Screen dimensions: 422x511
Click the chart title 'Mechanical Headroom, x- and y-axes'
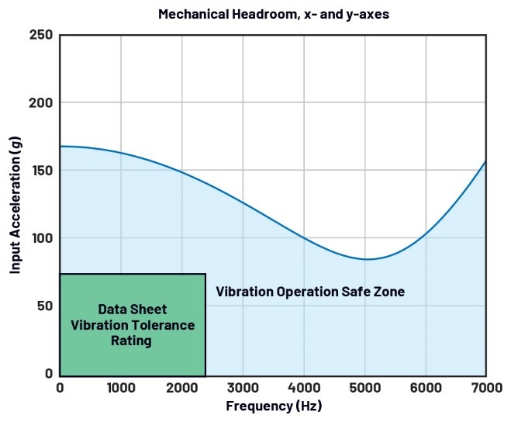(273, 14)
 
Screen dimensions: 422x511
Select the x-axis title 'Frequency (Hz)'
(273, 406)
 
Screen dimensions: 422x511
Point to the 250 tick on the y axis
(42, 35)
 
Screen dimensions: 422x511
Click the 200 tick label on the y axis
(42, 103)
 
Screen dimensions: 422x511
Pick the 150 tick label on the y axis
(42, 171)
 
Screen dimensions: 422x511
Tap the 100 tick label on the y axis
(42, 238)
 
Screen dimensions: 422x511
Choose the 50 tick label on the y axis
(45, 306)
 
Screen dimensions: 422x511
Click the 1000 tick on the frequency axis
(121, 386)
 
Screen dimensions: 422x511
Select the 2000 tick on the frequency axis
(182, 386)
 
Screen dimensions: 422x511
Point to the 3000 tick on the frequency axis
(243, 386)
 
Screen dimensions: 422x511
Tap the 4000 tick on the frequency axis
(304, 386)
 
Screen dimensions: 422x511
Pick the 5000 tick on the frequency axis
(364, 386)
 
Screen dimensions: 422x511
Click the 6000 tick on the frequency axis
(426, 386)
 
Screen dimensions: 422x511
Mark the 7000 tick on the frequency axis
(485, 386)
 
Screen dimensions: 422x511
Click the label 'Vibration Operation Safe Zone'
(310, 292)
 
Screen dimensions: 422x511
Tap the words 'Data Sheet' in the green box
(133, 309)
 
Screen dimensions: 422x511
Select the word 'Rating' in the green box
(133, 341)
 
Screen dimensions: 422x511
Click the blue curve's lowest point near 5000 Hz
(367, 259)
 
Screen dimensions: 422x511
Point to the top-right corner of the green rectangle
(205, 274)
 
